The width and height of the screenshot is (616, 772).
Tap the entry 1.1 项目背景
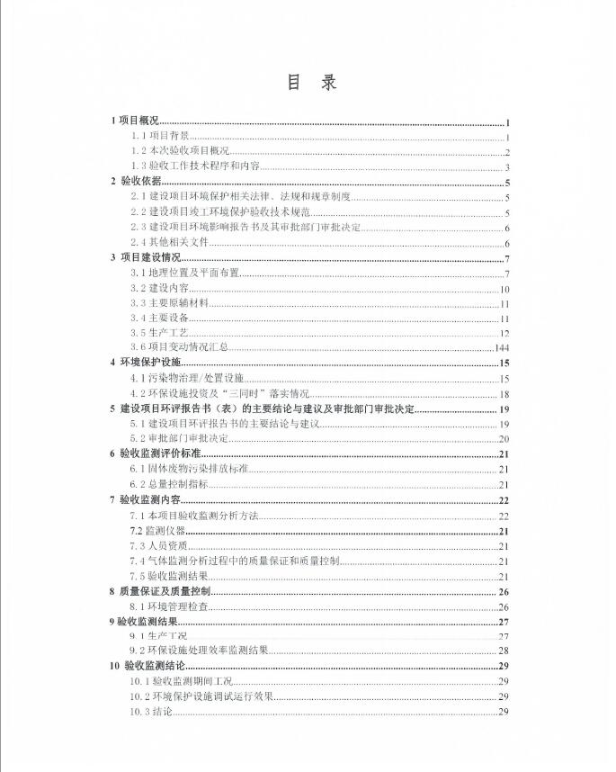point(159,136)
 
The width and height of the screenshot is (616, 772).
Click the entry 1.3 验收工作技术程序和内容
point(195,166)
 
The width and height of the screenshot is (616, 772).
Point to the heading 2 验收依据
point(136,181)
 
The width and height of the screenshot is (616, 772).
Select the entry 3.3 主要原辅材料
point(169,304)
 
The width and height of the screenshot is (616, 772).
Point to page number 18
point(505,394)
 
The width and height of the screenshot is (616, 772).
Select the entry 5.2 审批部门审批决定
point(179,439)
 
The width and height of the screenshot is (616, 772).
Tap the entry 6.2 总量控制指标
point(169,484)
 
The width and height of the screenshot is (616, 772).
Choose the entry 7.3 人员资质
point(158,546)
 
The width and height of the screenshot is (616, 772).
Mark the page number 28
point(504,651)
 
